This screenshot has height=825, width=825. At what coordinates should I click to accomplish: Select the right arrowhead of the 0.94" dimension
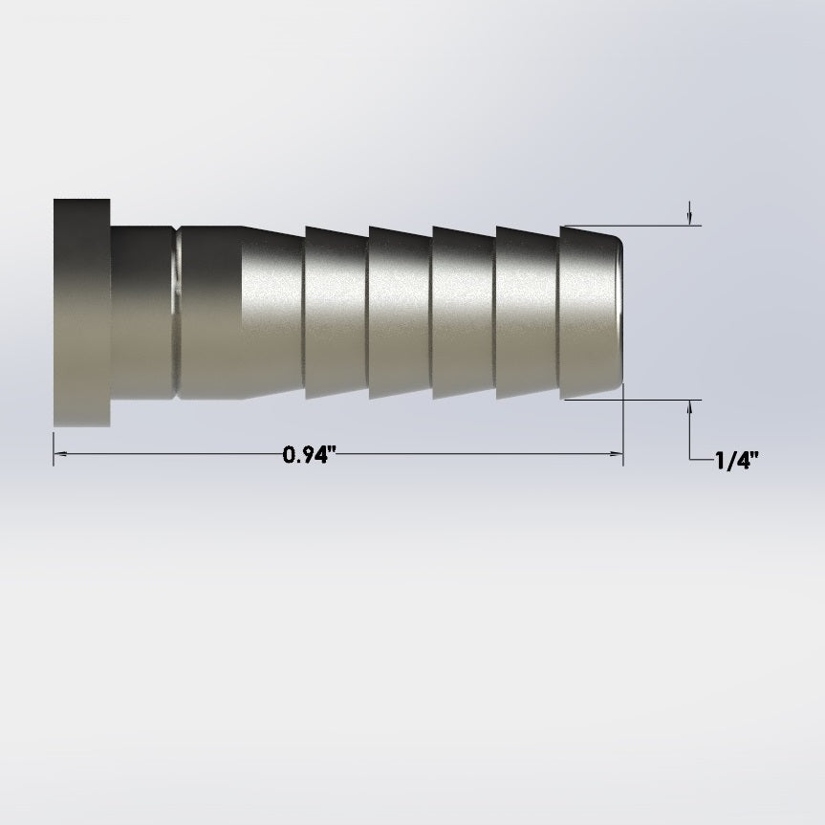point(617,456)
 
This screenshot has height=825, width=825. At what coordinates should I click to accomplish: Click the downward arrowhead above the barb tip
point(690,218)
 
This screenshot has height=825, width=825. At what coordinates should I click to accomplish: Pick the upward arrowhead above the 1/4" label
point(690,408)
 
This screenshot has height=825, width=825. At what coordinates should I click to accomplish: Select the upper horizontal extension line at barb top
point(660,227)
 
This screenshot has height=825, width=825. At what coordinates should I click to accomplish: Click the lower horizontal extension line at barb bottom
point(660,400)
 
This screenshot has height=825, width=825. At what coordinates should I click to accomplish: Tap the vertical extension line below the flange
point(54,445)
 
